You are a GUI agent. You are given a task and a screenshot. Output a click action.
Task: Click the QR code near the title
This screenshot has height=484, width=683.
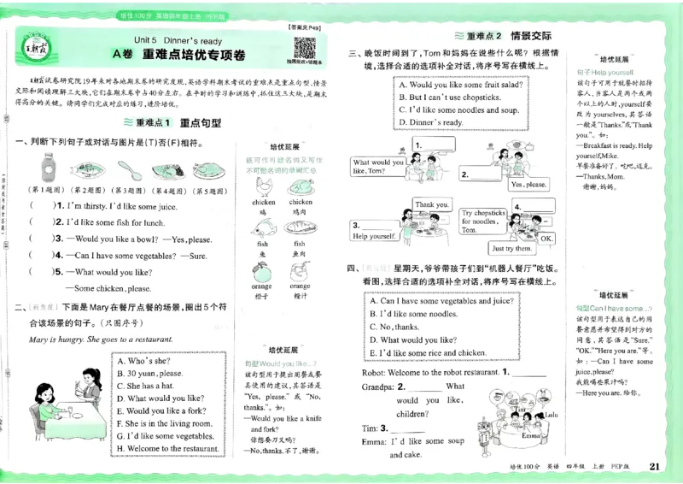pyautogui.click(x=296, y=45)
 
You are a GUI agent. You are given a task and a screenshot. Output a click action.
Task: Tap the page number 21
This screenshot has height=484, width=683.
pyautogui.click(x=655, y=466)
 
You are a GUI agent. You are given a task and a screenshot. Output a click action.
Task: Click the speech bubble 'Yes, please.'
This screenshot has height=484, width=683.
pyautogui.click(x=529, y=184)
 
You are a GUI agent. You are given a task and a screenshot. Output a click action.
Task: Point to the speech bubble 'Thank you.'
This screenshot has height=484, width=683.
pyautogui.click(x=432, y=205)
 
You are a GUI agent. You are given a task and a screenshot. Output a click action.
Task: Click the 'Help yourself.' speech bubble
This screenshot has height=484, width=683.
pyautogui.click(x=372, y=236)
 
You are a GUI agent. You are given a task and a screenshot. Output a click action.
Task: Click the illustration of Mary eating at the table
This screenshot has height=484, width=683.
pyautogui.click(x=65, y=398)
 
